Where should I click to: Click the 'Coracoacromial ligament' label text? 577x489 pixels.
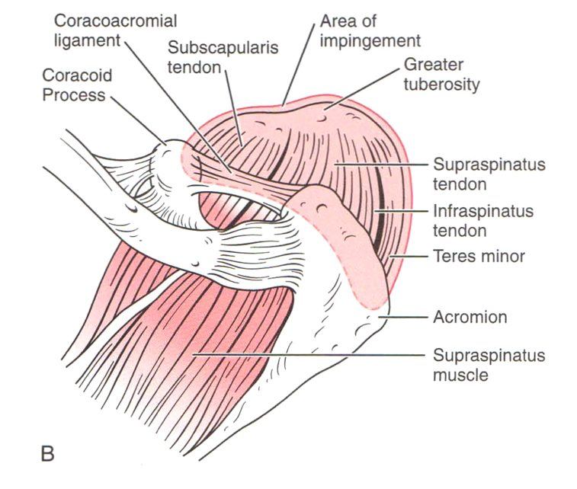(116, 30)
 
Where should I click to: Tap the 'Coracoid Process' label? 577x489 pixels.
(77, 85)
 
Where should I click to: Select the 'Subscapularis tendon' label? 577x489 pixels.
(223, 57)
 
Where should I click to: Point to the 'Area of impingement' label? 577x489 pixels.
(370, 31)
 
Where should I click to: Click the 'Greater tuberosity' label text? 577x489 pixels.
(441, 75)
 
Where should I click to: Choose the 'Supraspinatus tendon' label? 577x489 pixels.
(489, 174)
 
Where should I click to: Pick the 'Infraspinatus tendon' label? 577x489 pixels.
(483, 221)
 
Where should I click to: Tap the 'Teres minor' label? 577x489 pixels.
(479, 256)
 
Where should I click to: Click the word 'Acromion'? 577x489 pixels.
(470, 317)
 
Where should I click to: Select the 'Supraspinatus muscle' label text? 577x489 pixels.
(489, 365)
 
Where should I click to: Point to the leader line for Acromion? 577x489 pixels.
(403, 317)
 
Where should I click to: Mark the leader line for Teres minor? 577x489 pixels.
(409, 256)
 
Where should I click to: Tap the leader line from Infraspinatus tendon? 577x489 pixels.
(401, 212)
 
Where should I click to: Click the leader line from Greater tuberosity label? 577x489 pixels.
(361, 89)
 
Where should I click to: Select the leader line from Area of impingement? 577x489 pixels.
(299, 65)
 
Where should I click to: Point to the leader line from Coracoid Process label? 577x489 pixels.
(138, 120)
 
